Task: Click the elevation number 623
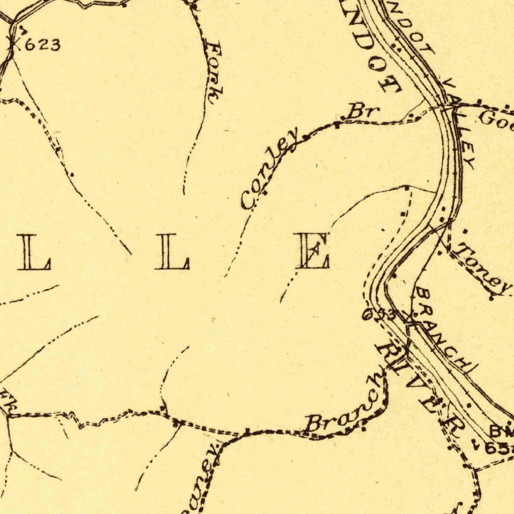click(x=43, y=45)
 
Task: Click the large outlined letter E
click(x=314, y=250)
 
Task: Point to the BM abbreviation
click(x=502, y=431)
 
